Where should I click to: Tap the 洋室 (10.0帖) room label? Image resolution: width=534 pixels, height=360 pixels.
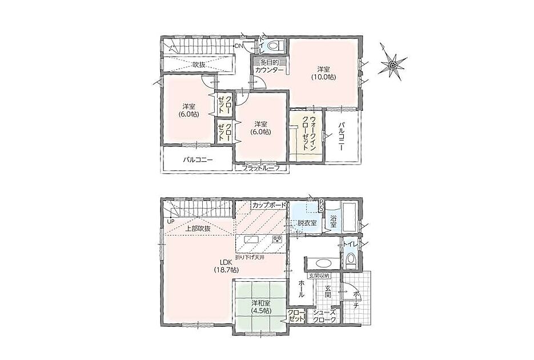pyautogui.click(x=323, y=73)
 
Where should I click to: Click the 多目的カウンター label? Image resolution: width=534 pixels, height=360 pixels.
pyautogui.click(x=270, y=66)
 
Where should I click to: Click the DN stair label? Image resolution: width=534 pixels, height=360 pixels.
pyautogui.click(x=238, y=46)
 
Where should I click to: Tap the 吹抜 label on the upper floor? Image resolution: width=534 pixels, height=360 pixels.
pyautogui.click(x=199, y=65)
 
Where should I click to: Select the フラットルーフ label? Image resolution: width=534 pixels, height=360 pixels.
pyautogui.click(x=260, y=168)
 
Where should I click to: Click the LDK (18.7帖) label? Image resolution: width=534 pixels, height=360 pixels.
pyautogui.click(x=226, y=266)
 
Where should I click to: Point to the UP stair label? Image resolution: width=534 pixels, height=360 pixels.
pyautogui.click(x=170, y=222)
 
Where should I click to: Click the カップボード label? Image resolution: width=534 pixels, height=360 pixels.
pyautogui.click(x=269, y=205)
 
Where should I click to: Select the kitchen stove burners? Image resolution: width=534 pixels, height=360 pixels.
pyautogui.click(x=278, y=239)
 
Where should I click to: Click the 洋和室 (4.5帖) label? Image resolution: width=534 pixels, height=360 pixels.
pyautogui.click(x=260, y=306)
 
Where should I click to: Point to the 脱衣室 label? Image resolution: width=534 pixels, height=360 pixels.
pyautogui.click(x=307, y=223)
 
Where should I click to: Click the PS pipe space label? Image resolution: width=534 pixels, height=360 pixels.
pyautogui.click(x=321, y=205)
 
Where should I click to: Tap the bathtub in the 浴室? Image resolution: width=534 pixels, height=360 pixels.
pyautogui.click(x=350, y=217)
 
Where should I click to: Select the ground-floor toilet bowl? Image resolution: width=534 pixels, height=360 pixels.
pyautogui.click(x=350, y=260)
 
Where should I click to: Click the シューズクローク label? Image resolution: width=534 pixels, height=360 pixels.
pyautogui.click(x=325, y=317)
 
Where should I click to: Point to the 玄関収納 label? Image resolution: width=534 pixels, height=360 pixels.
pyautogui.click(x=319, y=275)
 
